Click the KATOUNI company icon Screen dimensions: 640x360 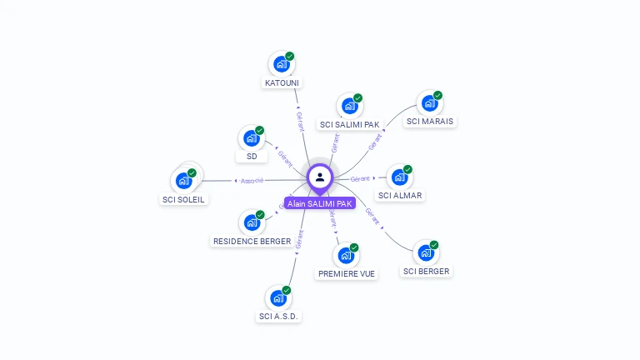[x=281, y=64]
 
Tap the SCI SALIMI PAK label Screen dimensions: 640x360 [x=350, y=125]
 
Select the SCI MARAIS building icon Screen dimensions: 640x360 [x=429, y=103]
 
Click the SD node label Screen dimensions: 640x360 [x=252, y=156]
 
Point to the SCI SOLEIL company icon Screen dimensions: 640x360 [x=183, y=180]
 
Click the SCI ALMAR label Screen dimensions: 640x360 [x=400, y=196]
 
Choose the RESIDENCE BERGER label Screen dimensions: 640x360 [x=252, y=242]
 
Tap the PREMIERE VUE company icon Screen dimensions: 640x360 [x=345, y=255]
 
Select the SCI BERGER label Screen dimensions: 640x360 [x=426, y=272]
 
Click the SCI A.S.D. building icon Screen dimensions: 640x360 [x=278, y=297]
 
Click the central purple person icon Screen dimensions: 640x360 [x=320, y=177]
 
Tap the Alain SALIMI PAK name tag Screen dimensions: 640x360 [x=320, y=203]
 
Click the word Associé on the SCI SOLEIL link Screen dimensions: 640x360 [x=252, y=181]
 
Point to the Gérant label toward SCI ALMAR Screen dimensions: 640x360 [x=360, y=179]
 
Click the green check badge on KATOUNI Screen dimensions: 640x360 [x=289, y=57]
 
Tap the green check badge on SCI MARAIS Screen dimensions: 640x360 [x=437, y=95]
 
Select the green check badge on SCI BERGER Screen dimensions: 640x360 [x=434, y=245]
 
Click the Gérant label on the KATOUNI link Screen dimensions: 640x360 [x=300, y=121]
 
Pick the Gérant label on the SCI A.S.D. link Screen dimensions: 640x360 [x=299, y=239]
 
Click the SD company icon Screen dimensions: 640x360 [x=252, y=138]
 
